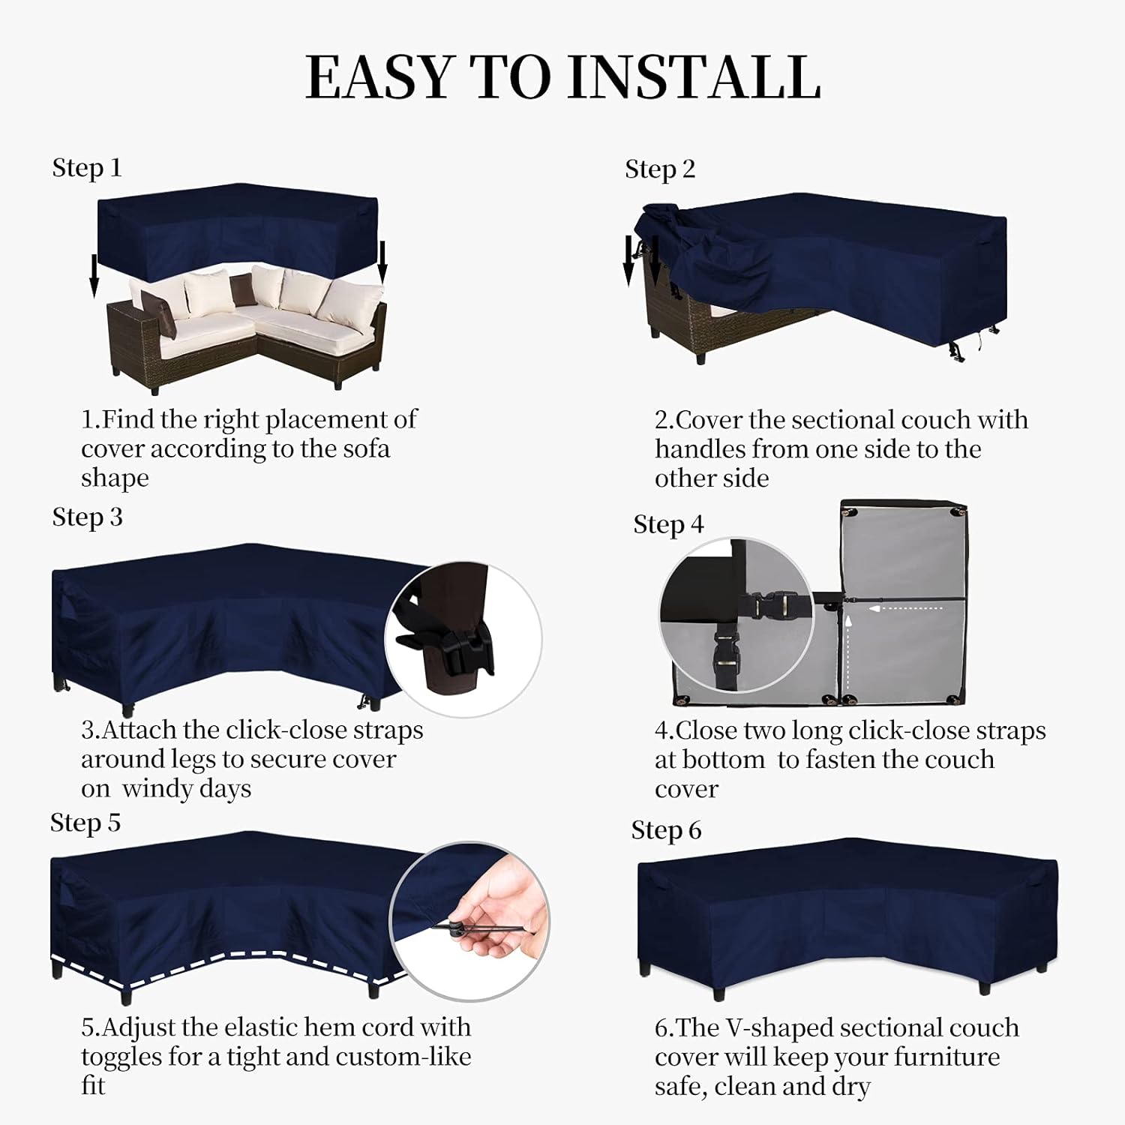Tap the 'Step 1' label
[86, 168]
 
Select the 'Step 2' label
[660, 169]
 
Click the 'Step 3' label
[87, 517]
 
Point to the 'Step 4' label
[668, 525]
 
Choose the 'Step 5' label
[85, 823]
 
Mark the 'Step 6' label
[666, 830]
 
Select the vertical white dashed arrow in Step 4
[848, 652]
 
